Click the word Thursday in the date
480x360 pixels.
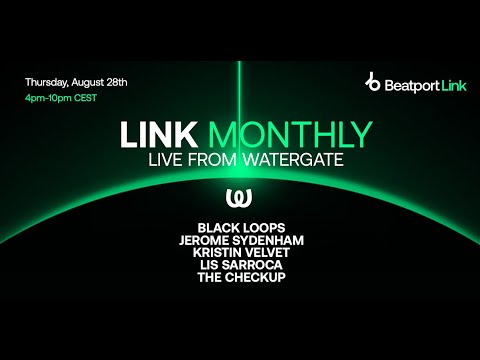46,80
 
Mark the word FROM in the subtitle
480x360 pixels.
231,161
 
